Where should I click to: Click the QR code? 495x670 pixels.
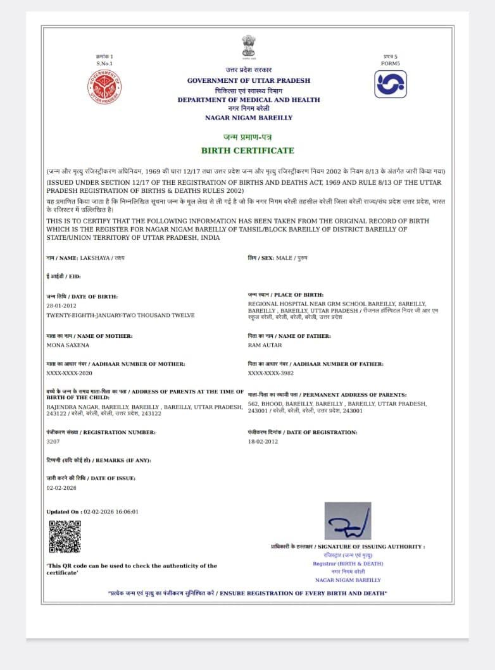[x=65, y=537]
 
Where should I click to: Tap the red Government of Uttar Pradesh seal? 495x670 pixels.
[x=104, y=87]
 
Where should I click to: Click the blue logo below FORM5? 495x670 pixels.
[x=390, y=84]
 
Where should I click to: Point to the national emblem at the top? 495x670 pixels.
[x=248, y=47]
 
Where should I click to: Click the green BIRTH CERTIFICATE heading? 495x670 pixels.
[x=247, y=151]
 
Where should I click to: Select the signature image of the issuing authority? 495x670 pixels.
[x=348, y=521]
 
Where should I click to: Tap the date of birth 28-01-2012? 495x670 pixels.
[x=61, y=306]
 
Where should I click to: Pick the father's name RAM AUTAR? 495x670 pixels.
[x=265, y=345]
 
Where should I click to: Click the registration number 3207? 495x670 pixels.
[x=53, y=442]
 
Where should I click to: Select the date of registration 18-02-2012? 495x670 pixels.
[x=263, y=442]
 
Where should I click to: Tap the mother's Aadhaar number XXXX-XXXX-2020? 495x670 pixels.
[x=70, y=374]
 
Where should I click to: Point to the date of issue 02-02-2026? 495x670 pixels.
[x=61, y=488]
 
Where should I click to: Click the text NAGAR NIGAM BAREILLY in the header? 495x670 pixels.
[x=249, y=118]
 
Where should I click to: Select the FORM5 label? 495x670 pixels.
[x=391, y=63]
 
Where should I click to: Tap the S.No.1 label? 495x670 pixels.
[x=104, y=63]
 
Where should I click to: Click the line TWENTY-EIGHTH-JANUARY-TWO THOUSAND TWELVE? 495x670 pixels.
[x=120, y=314]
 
